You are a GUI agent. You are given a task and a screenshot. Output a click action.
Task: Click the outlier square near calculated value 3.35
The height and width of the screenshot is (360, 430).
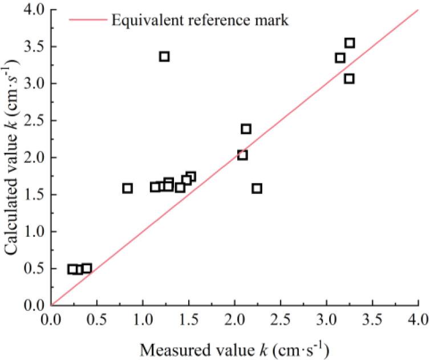(x=164, y=56)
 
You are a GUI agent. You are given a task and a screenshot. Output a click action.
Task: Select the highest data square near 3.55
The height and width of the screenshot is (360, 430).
(x=350, y=43)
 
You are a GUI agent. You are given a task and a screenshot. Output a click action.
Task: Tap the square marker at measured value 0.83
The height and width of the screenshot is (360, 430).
(x=127, y=188)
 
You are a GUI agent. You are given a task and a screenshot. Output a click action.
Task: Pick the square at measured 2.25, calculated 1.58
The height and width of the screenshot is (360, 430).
(x=257, y=188)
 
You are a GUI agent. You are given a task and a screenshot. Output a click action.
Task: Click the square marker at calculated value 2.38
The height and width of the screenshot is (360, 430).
(x=246, y=129)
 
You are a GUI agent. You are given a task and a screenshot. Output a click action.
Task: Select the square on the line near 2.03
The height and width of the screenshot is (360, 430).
(x=242, y=155)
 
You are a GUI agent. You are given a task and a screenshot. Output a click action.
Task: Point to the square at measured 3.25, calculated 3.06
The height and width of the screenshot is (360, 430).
(x=349, y=79)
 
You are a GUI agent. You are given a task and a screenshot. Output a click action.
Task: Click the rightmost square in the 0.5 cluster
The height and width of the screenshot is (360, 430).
(x=87, y=268)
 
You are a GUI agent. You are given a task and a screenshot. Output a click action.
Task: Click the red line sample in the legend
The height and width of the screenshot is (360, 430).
(x=87, y=21)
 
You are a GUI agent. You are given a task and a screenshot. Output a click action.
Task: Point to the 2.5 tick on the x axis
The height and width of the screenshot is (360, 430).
(x=281, y=305)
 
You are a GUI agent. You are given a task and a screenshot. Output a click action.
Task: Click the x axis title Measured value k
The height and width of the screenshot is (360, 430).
(x=234, y=347)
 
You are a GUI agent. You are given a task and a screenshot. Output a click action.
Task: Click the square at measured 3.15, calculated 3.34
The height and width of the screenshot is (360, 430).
(x=340, y=58)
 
